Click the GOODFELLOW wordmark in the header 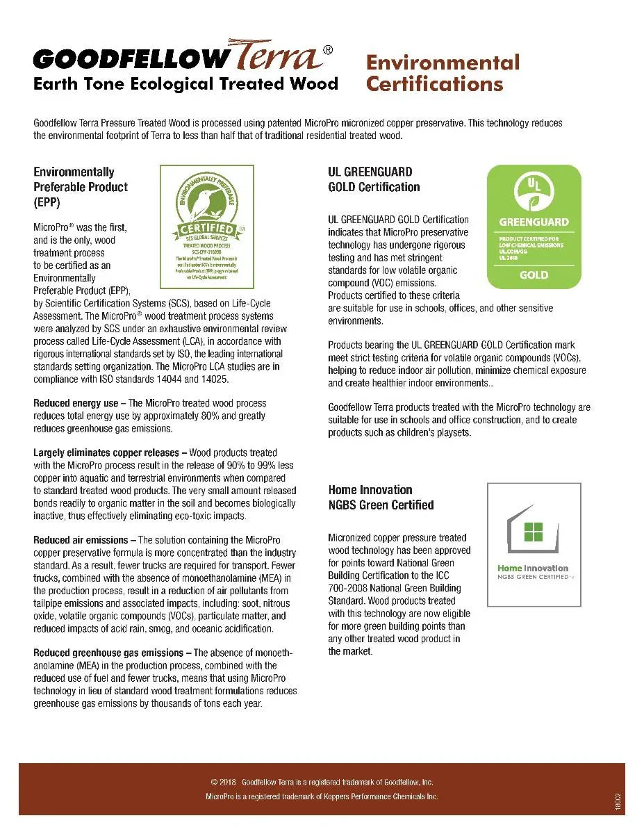[130, 58]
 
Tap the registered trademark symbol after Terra [328, 49]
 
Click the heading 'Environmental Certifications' [443, 73]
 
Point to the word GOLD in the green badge [534, 275]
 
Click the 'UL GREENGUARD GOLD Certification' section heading [374, 179]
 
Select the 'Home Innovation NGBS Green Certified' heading [381, 498]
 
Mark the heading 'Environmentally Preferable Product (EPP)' [81, 187]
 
